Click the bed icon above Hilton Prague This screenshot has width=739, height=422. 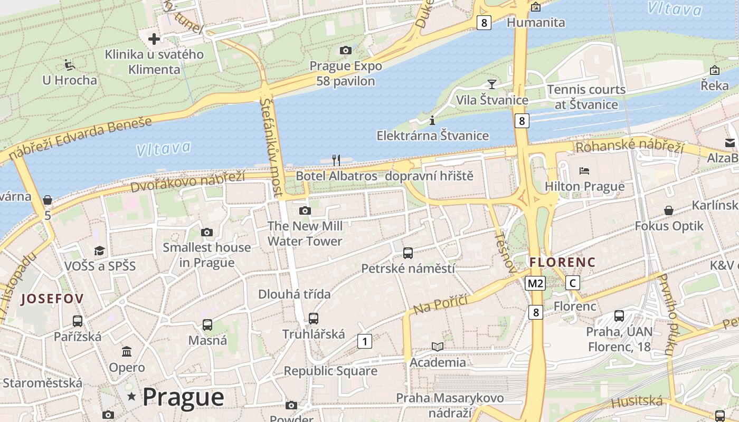pos(584,170)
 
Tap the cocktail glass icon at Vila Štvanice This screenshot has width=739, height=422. pos(492,84)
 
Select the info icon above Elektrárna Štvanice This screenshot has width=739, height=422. pos(432,120)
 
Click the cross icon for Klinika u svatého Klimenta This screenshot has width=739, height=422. pos(154,39)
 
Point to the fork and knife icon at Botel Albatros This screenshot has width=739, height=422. pos(336,160)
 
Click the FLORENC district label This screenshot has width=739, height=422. pos(562,262)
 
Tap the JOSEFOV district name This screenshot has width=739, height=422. pos(52,299)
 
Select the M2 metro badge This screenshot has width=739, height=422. pos(535,283)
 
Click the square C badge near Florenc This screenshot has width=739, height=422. pos(572,283)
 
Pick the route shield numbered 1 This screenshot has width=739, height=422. pos(364,341)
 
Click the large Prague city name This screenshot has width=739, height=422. pos(183,397)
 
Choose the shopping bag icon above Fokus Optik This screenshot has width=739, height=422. pos(669,210)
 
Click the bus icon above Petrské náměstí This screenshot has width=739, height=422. pos(408,253)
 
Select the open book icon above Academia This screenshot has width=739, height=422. pos(438,347)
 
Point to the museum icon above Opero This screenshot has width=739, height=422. pos(127,351)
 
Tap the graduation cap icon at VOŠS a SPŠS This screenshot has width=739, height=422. pos(100,250)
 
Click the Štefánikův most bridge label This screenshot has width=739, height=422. pos(272,148)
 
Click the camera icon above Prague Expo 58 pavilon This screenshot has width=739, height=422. pos(346,50)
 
